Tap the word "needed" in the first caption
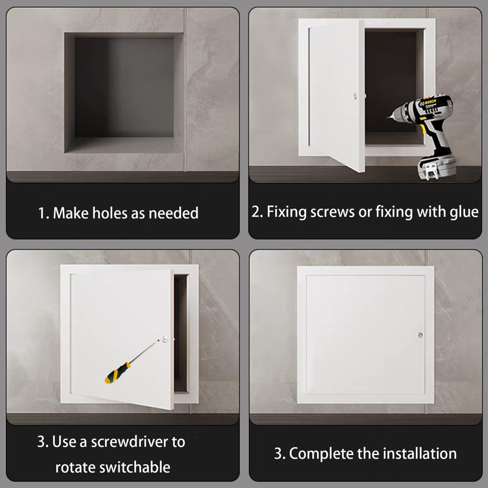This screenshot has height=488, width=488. click(x=173, y=213)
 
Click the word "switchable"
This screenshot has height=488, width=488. click(x=135, y=467)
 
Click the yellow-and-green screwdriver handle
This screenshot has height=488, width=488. click(x=117, y=372)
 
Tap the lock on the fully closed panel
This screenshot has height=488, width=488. click(x=420, y=335)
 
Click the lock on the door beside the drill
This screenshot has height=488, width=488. click(x=355, y=96)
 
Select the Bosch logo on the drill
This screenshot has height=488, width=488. click(x=431, y=102)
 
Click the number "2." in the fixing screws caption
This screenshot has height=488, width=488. click(x=257, y=212)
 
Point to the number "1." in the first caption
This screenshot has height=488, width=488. click(x=43, y=213)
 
